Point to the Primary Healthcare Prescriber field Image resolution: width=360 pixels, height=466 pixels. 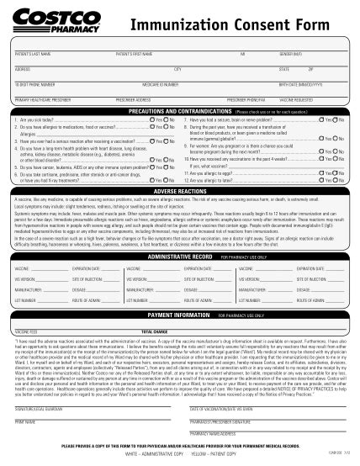tap(50, 93)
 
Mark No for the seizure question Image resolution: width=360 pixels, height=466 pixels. tap(335, 119)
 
